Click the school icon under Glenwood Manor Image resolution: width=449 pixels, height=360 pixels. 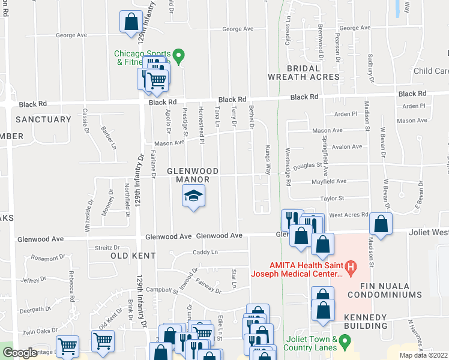tap(193, 196)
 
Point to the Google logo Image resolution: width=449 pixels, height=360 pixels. tap(19, 353)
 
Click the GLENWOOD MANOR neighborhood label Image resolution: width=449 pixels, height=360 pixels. tap(188, 175)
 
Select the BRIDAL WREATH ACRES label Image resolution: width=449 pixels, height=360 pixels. tap(304, 73)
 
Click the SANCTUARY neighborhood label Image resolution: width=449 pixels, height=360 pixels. tap(43, 119)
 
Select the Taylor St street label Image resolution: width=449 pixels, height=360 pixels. tap(331, 198)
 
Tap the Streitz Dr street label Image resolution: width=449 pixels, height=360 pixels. tap(109, 247)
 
